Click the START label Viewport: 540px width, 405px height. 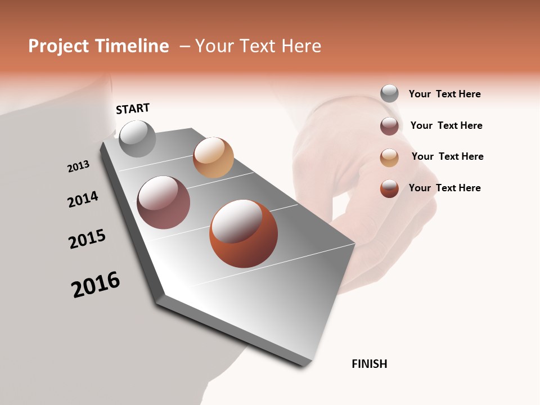point(133,109)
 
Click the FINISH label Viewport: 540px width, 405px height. point(369,364)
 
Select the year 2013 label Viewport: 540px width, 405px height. point(78,166)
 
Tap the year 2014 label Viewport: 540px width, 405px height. point(83,199)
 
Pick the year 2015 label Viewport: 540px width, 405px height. point(87,239)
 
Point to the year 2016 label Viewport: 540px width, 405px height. point(96,285)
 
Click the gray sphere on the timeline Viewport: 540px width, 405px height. point(137,138)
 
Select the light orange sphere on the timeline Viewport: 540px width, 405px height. point(213,157)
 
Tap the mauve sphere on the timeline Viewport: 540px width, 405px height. point(163,202)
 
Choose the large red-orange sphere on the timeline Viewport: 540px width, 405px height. point(244,233)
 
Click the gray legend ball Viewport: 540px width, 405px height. point(389,93)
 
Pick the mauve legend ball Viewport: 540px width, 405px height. point(389,126)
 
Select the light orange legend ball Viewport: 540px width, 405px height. point(389,157)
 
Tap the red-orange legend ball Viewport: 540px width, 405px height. point(389,188)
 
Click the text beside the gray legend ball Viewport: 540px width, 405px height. point(444,94)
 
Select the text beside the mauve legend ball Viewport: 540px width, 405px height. point(446,125)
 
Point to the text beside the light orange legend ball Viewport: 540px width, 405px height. point(447,156)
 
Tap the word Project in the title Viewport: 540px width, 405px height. point(58,46)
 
